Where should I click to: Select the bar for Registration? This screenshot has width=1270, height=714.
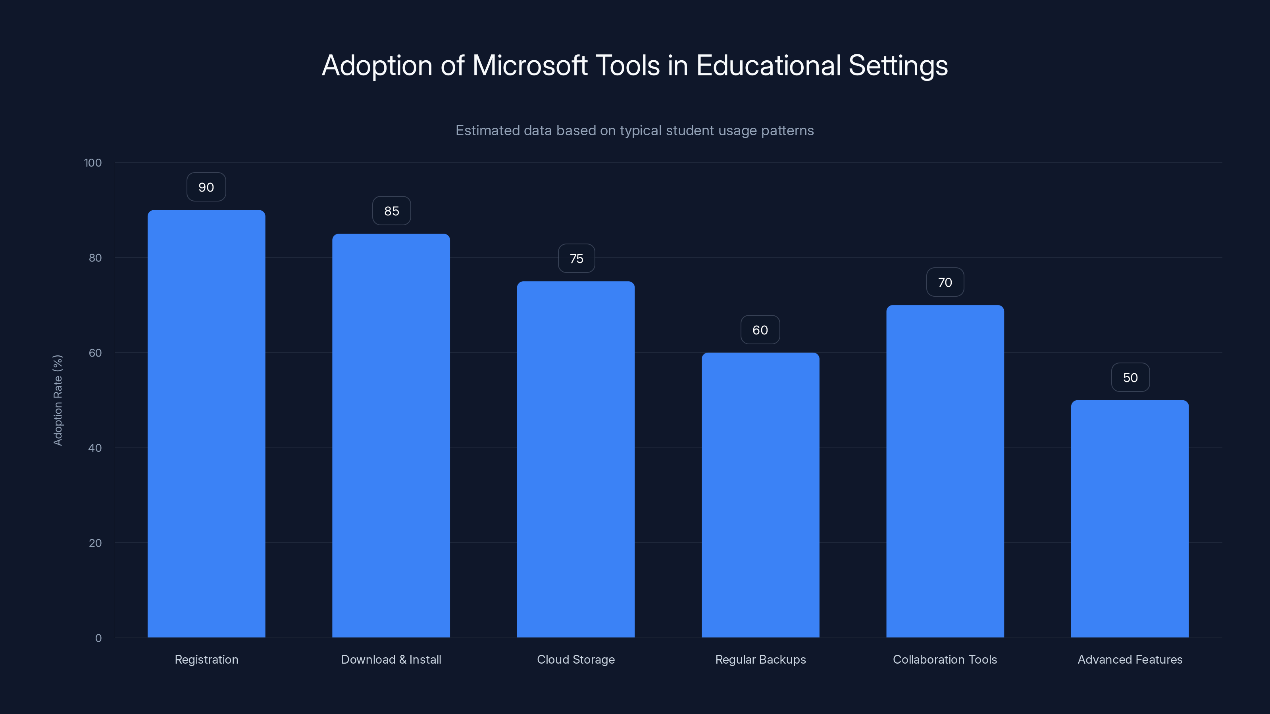(x=206, y=424)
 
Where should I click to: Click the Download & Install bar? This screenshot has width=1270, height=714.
(x=391, y=436)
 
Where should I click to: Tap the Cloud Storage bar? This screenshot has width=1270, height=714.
(x=575, y=459)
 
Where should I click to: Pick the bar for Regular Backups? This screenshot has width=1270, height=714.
(x=760, y=495)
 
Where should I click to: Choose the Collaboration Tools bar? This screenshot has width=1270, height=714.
(x=945, y=471)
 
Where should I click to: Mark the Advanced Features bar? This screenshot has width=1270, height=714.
(x=1130, y=518)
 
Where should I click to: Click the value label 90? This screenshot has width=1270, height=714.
(x=206, y=187)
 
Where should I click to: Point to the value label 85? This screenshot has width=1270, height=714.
(x=391, y=211)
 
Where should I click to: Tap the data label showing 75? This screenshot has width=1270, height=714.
(x=576, y=259)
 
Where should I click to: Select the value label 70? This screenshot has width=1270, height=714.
(x=945, y=282)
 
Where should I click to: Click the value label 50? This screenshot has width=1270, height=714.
(x=1130, y=378)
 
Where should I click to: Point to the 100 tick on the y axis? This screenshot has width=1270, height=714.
(x=93, y=163)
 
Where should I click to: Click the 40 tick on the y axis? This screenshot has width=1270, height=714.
(x=95, y=448)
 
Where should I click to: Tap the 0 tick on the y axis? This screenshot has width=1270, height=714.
(x=98, y=638)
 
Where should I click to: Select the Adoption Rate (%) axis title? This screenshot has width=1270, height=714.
(x=58, y=400)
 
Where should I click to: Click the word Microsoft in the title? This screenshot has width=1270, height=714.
(x=529, y=65)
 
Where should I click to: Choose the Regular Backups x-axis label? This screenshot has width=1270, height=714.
(x=760, y=659)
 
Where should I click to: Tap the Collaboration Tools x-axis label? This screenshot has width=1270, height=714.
(x=945, y=659)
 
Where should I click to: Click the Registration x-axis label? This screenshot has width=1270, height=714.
(x=206, y=659)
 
